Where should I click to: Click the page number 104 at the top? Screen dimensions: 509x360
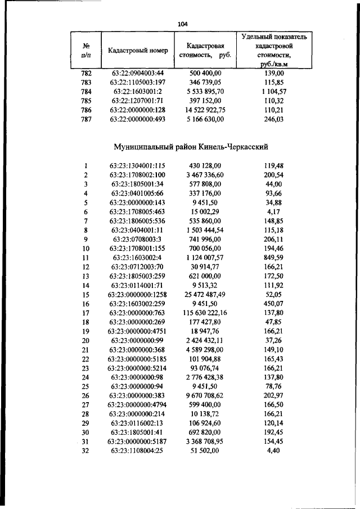[x=182, y=24]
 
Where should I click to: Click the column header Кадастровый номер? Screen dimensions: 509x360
[x=138, y=51]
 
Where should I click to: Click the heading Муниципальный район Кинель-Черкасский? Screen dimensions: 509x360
[x=190, y=147]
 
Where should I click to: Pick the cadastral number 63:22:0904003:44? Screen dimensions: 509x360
[x=137, y=74]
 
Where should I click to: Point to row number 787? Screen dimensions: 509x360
[x=86, y=119]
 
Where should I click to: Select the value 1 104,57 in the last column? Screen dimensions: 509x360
[x=274, y=92]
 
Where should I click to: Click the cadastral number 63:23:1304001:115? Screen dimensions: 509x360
[x=137, y=166]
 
